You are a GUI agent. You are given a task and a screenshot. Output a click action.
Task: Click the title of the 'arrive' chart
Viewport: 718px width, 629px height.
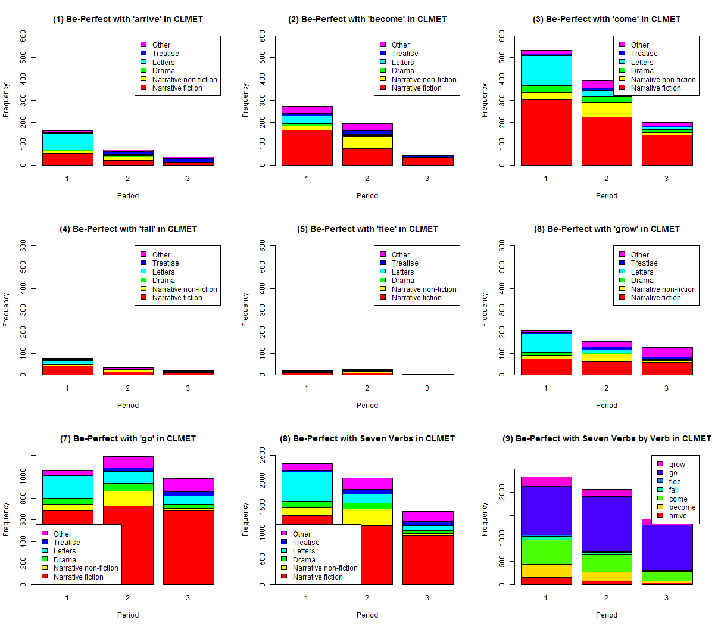(x=128, y=19)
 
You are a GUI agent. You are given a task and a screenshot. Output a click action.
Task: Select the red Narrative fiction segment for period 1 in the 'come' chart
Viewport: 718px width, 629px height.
(x=546, y=132)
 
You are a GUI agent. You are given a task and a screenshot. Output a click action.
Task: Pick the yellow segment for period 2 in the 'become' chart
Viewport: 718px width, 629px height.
(x=367, y=142)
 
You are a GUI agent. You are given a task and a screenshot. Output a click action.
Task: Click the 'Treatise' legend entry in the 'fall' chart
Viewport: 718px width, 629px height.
(x=165, y=263)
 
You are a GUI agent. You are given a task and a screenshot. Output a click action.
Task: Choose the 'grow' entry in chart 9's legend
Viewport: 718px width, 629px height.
(x=677, y=465)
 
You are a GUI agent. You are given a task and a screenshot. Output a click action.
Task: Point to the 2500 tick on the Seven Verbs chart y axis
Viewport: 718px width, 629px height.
(x=263, y=455)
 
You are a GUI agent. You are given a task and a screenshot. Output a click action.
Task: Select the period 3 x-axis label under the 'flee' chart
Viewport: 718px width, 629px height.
(x=427, y=388)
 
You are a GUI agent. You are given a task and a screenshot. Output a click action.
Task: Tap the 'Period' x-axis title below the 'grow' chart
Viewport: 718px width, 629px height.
(x=606, y=406)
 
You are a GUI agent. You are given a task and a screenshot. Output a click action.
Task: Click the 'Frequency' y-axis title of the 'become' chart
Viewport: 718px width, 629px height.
(x=245, y=100)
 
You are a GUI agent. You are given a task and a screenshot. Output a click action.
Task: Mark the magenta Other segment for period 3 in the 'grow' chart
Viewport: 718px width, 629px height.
(x=667, y=352)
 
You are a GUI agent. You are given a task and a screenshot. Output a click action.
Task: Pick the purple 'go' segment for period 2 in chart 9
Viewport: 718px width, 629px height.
(x=606, y=524)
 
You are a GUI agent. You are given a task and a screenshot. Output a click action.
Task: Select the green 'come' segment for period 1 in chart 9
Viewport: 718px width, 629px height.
(x=546, y=552)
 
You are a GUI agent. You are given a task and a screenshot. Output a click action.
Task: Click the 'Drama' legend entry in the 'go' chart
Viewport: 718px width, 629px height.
(x=64, y=560)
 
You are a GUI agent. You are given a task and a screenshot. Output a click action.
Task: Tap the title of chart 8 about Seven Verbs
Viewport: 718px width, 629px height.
(x=367, y=438)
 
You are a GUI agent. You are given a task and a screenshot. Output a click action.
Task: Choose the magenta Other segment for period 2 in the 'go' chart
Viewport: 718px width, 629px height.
(x=128, y=462)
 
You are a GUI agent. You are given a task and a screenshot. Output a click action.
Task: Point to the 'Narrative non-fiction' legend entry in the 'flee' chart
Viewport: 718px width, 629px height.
(x=423, y=289)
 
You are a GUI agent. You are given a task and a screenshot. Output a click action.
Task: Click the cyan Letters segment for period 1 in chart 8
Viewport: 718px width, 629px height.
(x=307, y=486)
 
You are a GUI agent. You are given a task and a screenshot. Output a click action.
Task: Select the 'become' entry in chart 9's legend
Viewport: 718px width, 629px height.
(x=682, y=507)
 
